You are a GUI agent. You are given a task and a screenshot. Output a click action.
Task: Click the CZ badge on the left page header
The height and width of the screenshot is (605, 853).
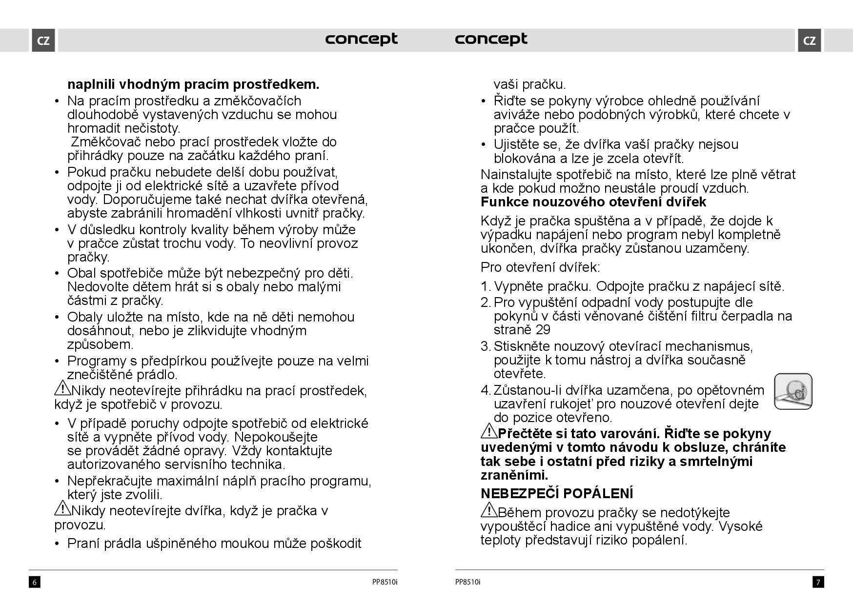43,40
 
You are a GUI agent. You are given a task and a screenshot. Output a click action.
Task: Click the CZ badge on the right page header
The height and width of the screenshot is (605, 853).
809,40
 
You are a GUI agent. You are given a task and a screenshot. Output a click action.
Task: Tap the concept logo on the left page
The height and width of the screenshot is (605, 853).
361,39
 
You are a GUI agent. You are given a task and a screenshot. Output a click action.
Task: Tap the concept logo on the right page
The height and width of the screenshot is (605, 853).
491,39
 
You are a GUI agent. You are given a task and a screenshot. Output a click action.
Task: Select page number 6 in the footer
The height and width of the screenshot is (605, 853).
34,582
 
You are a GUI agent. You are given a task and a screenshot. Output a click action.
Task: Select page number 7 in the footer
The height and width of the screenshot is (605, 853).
818,582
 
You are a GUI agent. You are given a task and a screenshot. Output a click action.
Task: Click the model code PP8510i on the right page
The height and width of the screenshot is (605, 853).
467,582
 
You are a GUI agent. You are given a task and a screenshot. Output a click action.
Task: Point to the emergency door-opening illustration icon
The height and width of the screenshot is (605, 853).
793,391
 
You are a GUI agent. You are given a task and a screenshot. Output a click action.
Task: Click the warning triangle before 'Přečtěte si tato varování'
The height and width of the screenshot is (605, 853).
488,431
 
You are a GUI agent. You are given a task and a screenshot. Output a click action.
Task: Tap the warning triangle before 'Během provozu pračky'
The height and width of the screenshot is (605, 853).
488,510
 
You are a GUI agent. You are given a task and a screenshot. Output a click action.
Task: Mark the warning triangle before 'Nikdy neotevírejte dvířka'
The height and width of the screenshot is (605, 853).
62,508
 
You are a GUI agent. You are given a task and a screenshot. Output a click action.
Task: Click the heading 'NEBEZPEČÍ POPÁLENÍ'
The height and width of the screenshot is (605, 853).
557,494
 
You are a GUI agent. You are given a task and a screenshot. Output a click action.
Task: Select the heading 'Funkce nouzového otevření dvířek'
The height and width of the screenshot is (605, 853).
593,202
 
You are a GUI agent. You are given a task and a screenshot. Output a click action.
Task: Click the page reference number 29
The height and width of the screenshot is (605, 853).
543,330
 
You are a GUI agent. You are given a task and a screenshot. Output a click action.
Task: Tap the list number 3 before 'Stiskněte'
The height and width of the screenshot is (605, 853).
485,346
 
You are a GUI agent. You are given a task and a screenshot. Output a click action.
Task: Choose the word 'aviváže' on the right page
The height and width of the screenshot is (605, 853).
517,115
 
